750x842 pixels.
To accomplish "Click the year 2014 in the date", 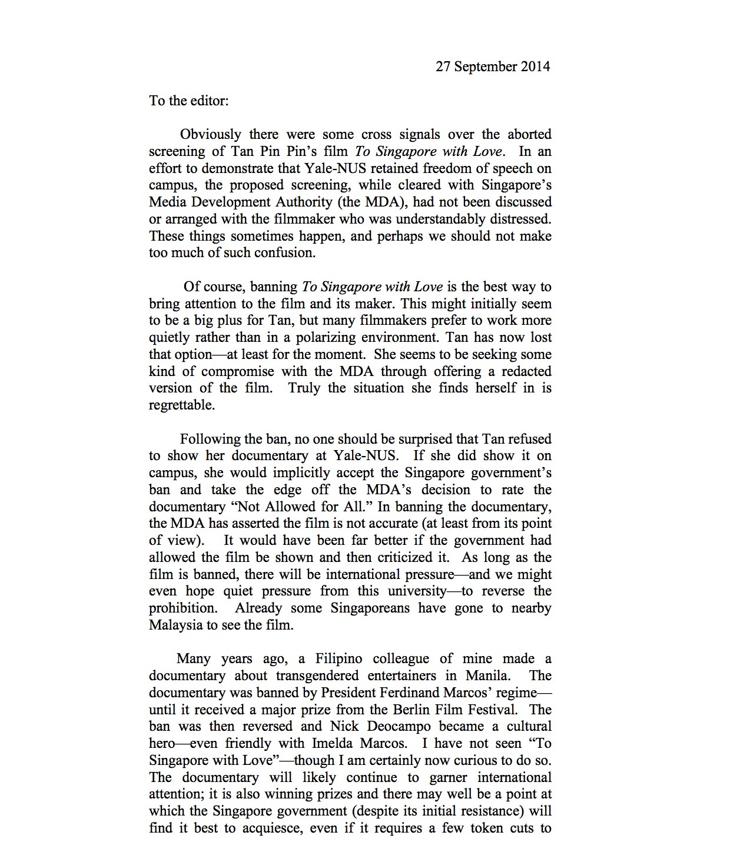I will click(x=535, y=66).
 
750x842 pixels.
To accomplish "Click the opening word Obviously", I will click(x=211, y=135).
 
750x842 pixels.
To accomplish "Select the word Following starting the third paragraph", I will click(x=208, y=440).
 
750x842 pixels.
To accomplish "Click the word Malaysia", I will click(x=175, y=625).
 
